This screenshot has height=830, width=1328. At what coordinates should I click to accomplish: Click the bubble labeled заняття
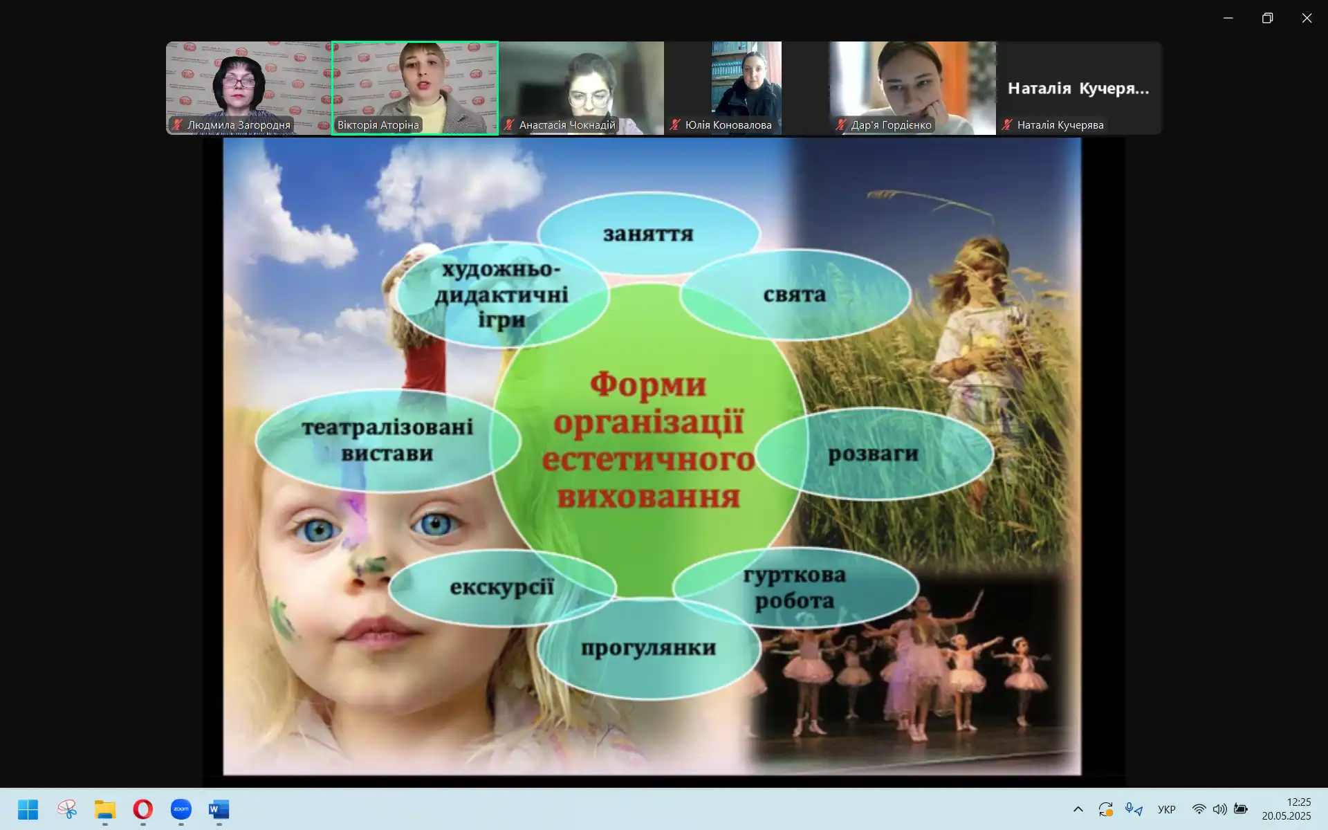click(649, 234)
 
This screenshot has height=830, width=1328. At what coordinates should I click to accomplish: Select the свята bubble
click(795, 295)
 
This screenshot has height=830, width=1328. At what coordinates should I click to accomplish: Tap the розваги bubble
click(874, 454)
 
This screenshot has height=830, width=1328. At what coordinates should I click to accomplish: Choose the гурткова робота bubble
click(795, 587)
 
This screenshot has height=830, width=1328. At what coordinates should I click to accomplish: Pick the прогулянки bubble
click(649, 648)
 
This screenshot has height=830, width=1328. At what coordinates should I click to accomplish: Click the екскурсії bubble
click(502, 587)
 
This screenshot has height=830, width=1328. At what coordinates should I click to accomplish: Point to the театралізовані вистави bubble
click(387, 441)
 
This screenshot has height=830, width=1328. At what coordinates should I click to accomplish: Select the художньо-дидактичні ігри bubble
click(502, 295)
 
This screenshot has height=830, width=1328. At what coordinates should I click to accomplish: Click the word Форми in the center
click(648, 385)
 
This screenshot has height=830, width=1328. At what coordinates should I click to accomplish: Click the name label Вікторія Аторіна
click(378, 125)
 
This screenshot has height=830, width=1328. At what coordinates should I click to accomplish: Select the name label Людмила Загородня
click(239, 125)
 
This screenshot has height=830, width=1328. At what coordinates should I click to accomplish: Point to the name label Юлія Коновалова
click(728, 125)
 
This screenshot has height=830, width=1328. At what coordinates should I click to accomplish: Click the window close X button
click(1307, 18)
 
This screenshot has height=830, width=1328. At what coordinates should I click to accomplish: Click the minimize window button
click(1228, 18)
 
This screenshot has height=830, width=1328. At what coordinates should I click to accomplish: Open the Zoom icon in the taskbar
click(181, 809)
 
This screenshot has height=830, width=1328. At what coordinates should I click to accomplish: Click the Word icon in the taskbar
click(219, 809)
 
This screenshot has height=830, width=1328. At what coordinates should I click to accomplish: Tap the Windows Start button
click(28, 809)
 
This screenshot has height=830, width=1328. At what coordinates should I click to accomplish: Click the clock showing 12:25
click(1298, 802)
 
